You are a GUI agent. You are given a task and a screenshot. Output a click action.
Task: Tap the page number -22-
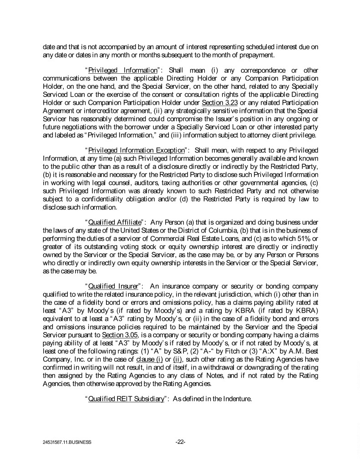(x=180, y=441)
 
